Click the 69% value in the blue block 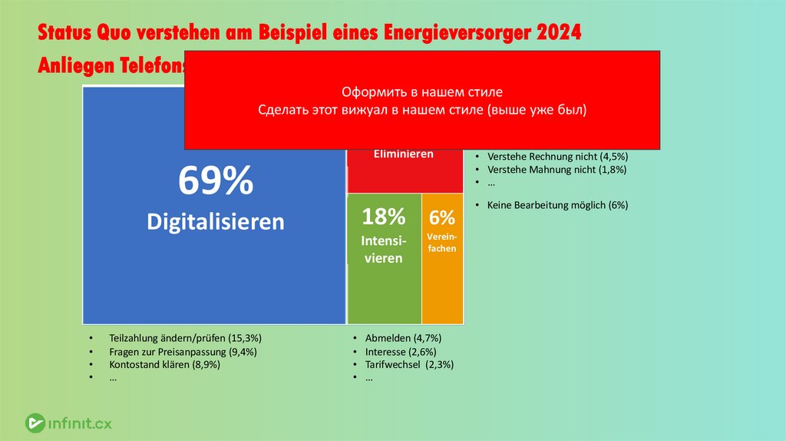215,182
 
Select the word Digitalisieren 215,222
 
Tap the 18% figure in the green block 383,217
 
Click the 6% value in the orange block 442,217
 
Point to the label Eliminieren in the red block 403,154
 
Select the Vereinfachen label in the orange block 442,243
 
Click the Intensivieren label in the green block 383,250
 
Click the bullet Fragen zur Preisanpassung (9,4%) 183,352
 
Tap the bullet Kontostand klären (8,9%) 164,365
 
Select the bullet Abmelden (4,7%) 403,338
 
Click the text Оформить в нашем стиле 421,91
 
